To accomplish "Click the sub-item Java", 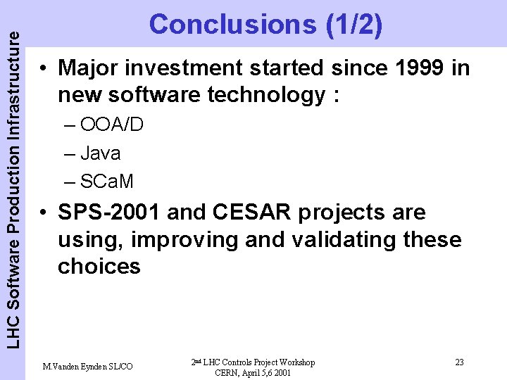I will [x=100, y=153].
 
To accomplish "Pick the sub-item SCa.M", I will [x=108, y=181].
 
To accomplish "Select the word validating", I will [x=342, y=240].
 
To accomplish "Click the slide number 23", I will [x=459, y=362].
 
